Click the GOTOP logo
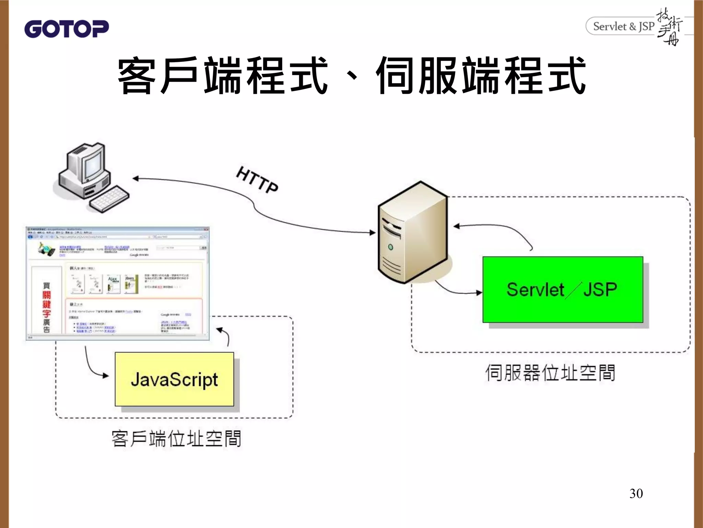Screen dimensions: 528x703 click(x=67, y=29)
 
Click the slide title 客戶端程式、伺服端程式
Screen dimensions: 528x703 click(x=351, y=76)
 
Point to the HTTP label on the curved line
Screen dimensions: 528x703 click(x=257, y=180)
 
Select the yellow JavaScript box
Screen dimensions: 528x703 click(x=174, y=379)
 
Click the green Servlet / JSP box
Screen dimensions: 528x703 click(x=563, y=289)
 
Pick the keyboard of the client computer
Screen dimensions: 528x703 click(x=109, y=199)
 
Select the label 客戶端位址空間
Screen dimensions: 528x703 click(x=176, y=439)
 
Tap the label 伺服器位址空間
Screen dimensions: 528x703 click(x=550, y=373)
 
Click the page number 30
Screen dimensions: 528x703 click(x=636, y=494)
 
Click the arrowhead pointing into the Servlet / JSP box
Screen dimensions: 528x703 click(x=479, y=293)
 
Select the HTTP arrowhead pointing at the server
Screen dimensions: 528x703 click(x=373, y=233)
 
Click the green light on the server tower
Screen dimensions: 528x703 click(x=390, y=247)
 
